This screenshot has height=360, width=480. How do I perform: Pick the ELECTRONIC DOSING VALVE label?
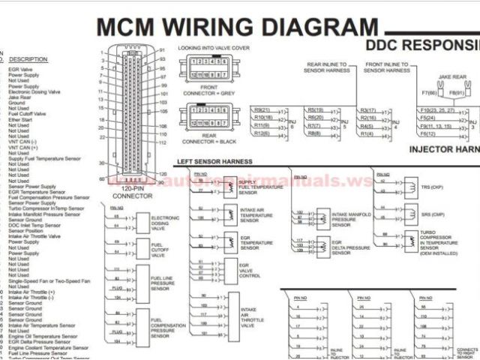(x=165, y=222)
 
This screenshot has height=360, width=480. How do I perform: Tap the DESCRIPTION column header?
(x=28, y=59)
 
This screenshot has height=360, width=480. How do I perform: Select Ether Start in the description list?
(x=19, y=119)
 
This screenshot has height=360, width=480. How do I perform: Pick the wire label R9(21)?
(x=262, y=110)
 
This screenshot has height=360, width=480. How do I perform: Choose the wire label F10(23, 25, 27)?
(x=437, y=110)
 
